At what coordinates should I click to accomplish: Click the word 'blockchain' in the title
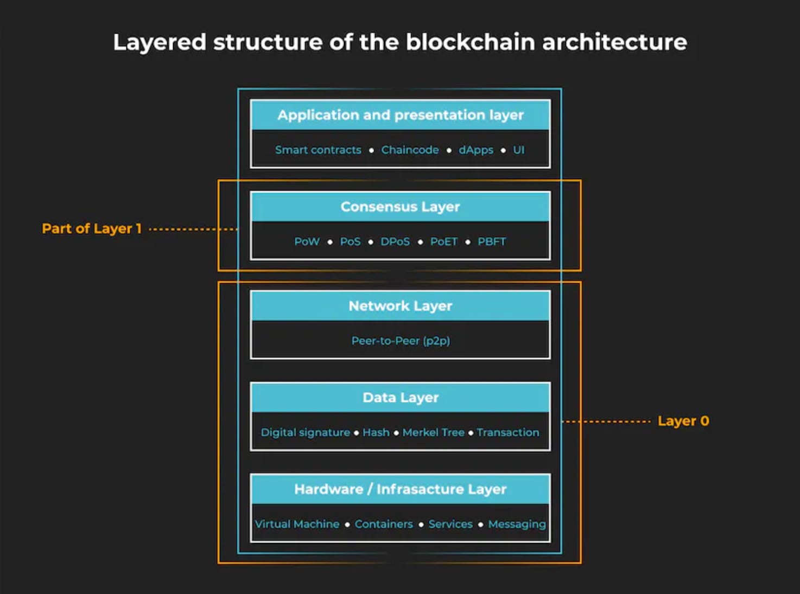470,42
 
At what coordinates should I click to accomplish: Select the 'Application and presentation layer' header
401,115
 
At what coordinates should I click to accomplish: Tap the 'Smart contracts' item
318,150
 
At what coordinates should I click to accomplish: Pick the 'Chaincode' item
410,150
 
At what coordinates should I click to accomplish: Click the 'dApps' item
476,150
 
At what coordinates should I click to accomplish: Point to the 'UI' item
519,150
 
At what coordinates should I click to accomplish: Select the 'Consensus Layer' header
401,207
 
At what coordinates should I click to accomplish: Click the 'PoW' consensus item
307,241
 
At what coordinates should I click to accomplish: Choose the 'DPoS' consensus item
395,241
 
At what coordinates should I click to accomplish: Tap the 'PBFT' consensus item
492,241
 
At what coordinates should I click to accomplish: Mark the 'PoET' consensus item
444,241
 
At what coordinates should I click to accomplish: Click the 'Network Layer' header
401,306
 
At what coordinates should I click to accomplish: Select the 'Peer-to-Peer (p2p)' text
401,341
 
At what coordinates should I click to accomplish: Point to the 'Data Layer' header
401,398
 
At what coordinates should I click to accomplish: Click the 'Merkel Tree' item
433,432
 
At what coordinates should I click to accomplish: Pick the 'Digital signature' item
305,432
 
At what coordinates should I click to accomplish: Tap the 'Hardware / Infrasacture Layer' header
401,489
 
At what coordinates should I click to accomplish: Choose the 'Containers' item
384,524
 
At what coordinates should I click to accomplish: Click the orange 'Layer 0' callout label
683,421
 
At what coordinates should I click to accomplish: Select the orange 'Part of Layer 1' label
92,228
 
